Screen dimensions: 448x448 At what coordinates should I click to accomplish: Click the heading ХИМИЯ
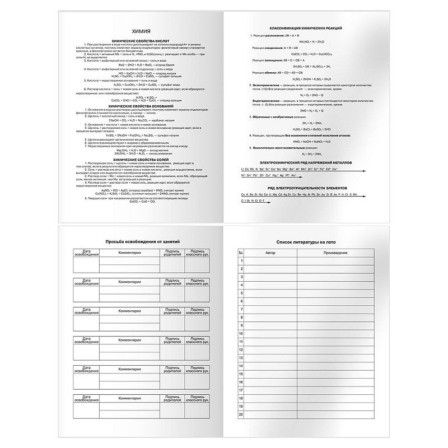pos(132,32)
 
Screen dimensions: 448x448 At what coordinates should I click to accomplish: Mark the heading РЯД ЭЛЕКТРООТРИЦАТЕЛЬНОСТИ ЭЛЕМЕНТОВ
pos(300,188)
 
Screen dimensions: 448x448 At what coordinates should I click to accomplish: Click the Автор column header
pos(270,254)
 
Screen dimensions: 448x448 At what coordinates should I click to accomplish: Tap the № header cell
pos(241,254)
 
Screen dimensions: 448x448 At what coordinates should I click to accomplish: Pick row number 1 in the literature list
pos(241,261)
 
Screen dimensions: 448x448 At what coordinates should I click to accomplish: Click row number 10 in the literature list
pos(241,333)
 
